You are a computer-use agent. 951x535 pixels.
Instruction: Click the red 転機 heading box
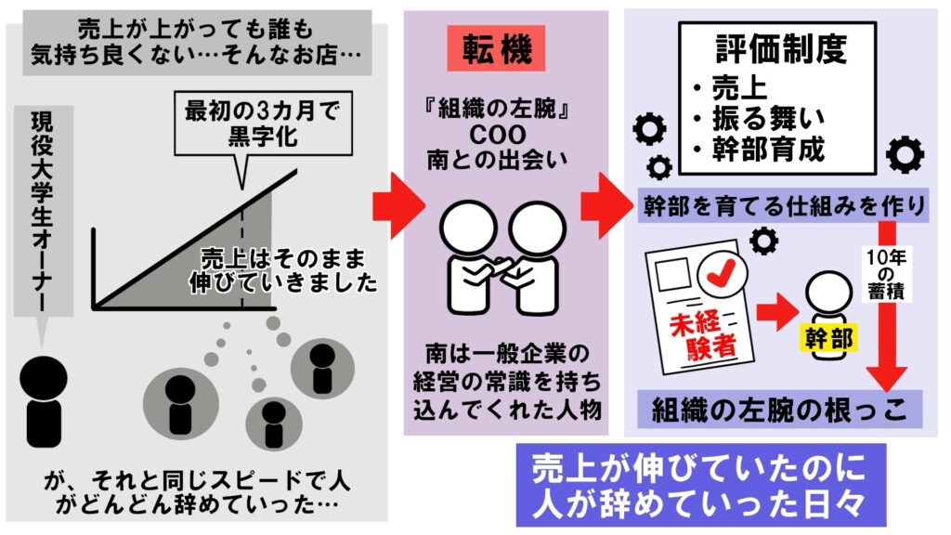(x=496, y=48)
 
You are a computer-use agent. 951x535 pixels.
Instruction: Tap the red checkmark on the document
(x=722, y=272)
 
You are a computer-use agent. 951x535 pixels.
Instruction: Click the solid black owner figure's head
(x=43, y=377)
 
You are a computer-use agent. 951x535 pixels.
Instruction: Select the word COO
(x=498, y=135)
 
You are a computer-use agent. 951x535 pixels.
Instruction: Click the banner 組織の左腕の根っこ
(x=779, y=410)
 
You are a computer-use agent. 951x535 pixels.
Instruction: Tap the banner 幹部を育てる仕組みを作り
(x=783, y=205)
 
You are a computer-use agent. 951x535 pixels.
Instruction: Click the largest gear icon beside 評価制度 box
(x=905, y=155)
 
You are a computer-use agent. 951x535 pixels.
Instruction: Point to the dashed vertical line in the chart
(x=242, y=258)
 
